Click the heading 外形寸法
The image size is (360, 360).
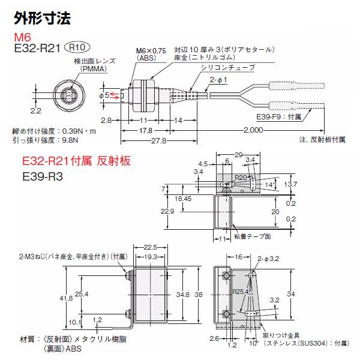pos(43,18)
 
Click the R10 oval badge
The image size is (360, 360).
pos(77,47)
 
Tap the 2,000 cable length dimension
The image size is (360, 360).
pos(253,130)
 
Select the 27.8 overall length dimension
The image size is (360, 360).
pos(159,140)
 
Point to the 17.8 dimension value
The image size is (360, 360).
pos(146,131)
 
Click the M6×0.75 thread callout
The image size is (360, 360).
pos(151,51)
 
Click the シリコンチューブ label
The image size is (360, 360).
pos(228,67)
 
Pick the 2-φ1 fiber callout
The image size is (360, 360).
pos(218,80)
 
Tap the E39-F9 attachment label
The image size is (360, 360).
pos(279,117)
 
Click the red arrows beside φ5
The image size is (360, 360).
pos(115,96)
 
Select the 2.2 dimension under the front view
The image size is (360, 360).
pos(36,111)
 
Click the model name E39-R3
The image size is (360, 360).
pos(43,176)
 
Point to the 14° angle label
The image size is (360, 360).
pos(270,185)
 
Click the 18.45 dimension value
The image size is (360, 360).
pos(183,199)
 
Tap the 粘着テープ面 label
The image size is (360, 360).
pos(253,236)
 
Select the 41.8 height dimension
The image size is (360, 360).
pos(66,298)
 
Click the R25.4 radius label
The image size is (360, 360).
pos(241,292)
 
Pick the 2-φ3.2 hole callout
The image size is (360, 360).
pos(268,259)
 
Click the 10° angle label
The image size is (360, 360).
pos(254,343)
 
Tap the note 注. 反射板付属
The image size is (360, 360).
pos(322,140)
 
